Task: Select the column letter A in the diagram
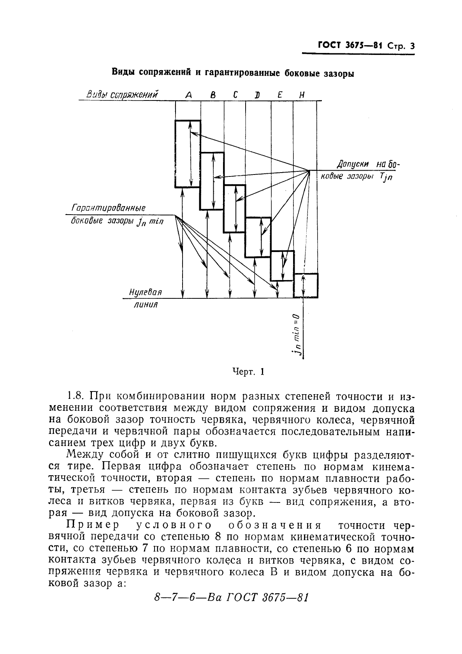pos(188,95)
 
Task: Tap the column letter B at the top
pos(213,95)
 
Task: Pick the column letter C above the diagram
pos(235,95)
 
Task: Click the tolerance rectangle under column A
pos(188,154)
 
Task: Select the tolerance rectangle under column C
pos(234,209)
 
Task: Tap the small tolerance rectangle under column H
pos(306,286)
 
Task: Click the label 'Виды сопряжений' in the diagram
pos(122,95)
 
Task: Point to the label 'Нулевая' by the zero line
pos(145,292)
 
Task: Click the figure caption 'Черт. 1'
pos(248,372)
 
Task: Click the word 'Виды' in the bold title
pos(124,72)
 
